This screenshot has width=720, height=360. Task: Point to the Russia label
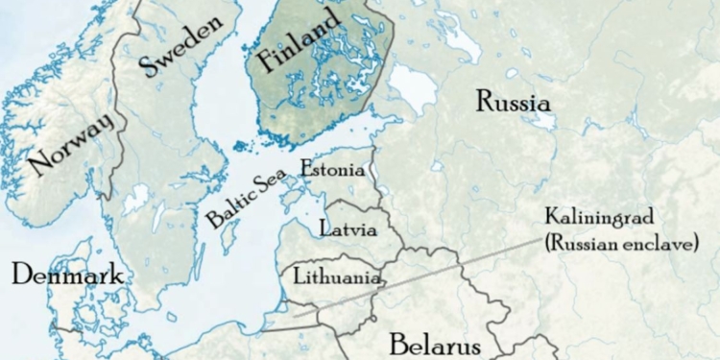(x=513, y=102)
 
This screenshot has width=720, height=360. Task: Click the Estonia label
(x=332, y=170)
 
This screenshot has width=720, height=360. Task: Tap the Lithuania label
(x=337, y=277)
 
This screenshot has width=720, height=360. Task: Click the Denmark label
(x=67, y=276)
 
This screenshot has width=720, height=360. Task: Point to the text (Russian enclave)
(x=618, y=244)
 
